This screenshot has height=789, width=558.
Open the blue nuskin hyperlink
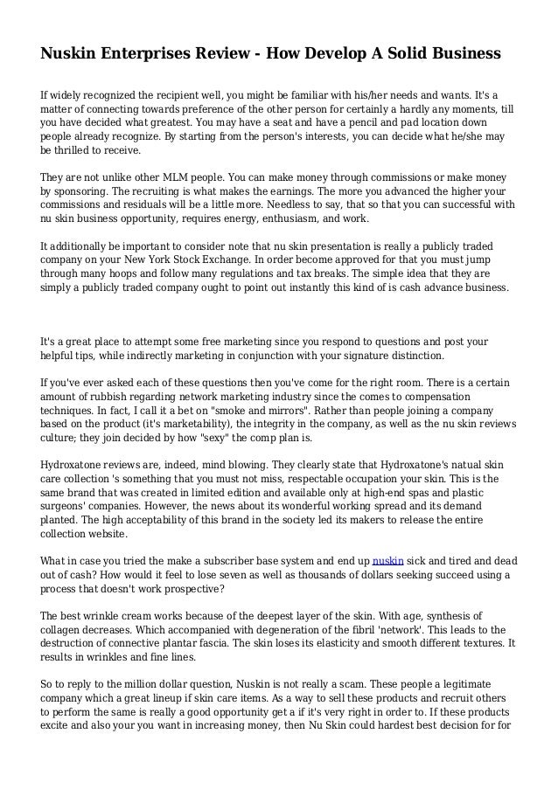[x=387, y=560]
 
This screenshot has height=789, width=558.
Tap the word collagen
[x=61, y=630]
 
